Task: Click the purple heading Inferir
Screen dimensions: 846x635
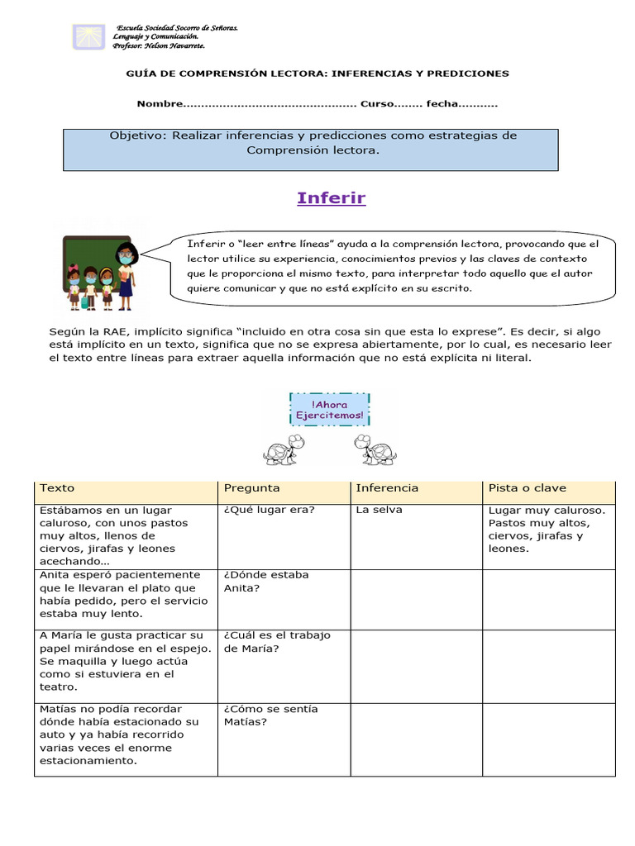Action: (331, 198)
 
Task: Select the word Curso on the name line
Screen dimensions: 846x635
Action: (376, 104)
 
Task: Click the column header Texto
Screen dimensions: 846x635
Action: (57, 488)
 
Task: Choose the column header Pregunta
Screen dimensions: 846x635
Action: (252, 488)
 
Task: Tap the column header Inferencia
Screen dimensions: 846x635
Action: (387, 488)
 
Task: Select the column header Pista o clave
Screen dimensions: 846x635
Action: (528, 488)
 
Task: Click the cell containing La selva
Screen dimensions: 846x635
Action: (380, 511)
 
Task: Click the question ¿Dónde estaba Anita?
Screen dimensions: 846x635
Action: (255, 582)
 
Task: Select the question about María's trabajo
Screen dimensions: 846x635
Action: (277, 642)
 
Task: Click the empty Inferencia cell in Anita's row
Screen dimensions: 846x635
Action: (416, 598)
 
